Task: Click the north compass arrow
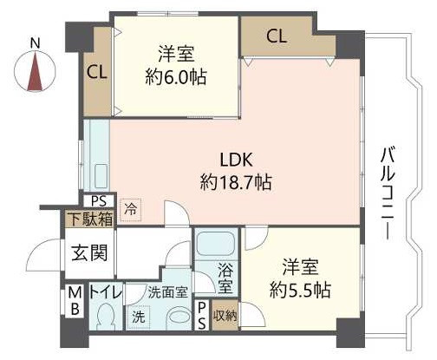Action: [36, 71]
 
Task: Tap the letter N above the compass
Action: [35, 42]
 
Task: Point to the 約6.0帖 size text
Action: [176, 75]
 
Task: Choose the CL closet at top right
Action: [277, 36]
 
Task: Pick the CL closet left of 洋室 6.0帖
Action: [96, 73]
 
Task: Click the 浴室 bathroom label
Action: [225, 279]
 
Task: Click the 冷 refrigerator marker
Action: [129, 209]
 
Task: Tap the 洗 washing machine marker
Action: [139, 317]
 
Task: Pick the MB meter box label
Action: [75, 301]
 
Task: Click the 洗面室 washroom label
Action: [167, 293]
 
